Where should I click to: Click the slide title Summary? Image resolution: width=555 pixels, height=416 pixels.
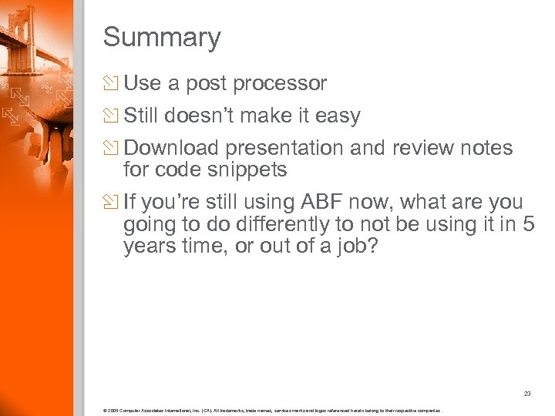[162, 37]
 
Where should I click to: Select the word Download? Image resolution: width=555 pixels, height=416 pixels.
[171, 148]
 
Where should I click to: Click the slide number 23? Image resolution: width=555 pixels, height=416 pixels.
[526, 394]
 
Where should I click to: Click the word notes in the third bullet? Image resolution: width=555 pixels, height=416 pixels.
[463, 148]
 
